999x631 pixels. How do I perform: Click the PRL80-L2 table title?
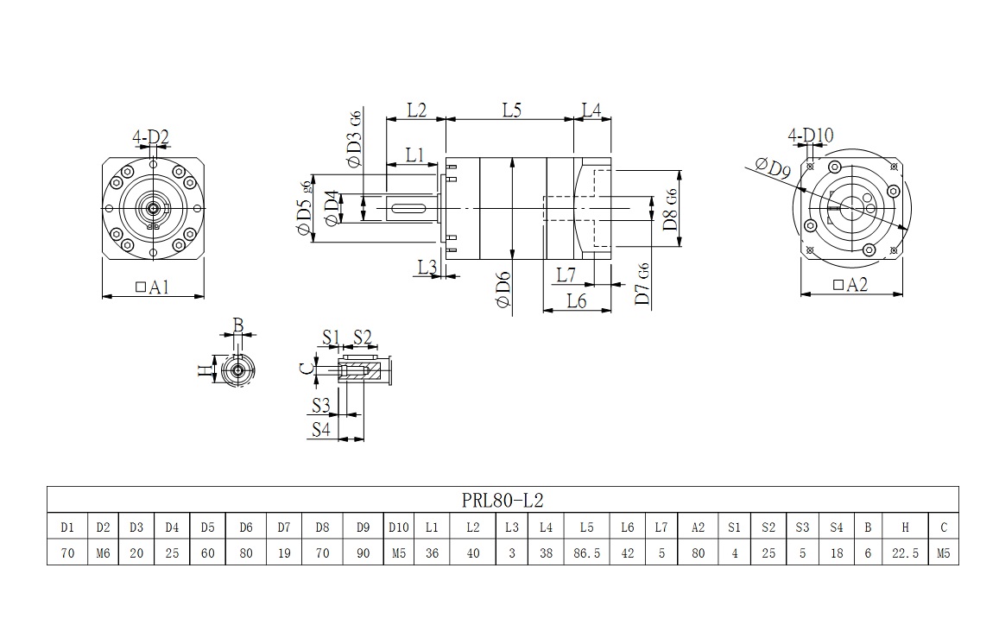(x=502, y=500)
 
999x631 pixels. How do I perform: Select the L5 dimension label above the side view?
(x=512, y=110)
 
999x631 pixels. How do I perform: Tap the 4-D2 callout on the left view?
(x=150, y=136)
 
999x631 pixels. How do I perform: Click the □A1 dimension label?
(x=152, y=287)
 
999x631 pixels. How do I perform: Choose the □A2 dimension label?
(x=850, y=285)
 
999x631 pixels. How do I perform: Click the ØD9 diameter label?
(x=772, y=167)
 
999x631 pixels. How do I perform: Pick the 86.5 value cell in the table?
(x=586, y=552)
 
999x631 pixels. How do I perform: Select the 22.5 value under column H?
(x=905, y=552)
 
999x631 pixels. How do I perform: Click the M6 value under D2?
(x=103, y=552)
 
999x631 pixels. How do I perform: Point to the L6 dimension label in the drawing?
(x=576, y=300)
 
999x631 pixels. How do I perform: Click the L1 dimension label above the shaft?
(x=415, y=155)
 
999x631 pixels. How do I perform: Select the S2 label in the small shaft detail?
(x=363, y=336)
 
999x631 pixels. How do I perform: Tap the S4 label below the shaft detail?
(x=321, y=429)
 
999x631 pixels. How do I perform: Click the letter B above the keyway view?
(x=238, y=325)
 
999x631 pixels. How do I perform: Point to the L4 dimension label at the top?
(x=591, y=110)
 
